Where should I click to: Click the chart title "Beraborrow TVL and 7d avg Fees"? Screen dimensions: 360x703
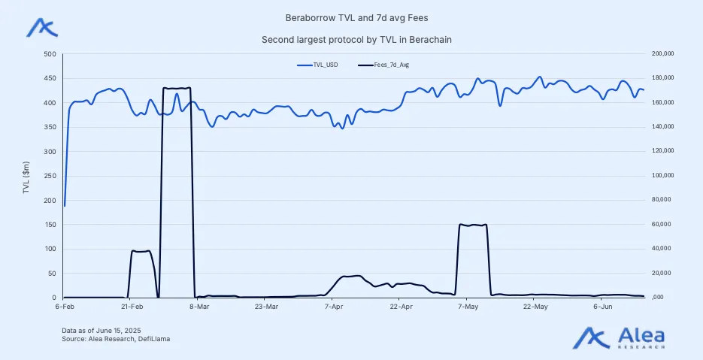click(x=351, y=17)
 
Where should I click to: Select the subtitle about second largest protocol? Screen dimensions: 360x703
click(x=351, y=39)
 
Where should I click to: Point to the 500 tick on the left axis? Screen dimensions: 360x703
click(x=50, y=54)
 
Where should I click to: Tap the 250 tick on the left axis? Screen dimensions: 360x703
click(x=50, y=176)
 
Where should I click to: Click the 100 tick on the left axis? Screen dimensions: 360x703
click(x=50, y=249)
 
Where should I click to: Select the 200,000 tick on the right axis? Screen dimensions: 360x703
click(x=663, y=54)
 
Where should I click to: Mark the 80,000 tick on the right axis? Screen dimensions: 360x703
click(x=662, y=200)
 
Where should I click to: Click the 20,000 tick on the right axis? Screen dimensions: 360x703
click(x=662, y=274)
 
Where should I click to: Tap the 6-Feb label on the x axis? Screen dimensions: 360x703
click(x=64, y=307)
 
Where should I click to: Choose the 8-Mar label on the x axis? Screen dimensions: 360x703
click(x=198, y=307)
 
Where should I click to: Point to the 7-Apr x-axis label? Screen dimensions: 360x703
click(x=333, y=307)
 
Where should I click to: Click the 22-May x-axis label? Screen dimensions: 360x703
click(x=535, y=307)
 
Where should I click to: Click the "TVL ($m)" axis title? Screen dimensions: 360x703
click(x=26, y=176)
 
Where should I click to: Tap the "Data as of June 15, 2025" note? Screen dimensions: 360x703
click(x=102, y=331)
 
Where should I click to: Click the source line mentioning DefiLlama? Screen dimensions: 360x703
click(x=116, y=340)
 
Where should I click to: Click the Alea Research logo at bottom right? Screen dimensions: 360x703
click(x=621, y=337)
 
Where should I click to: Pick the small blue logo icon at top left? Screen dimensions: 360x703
click(x=41, y=27)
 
